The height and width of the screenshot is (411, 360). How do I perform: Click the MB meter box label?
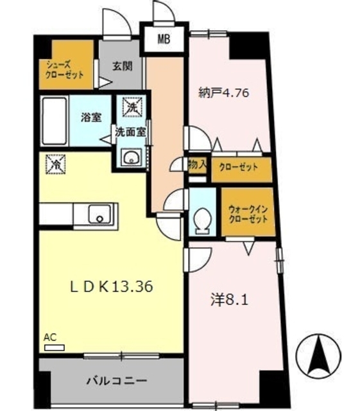coord(164,40)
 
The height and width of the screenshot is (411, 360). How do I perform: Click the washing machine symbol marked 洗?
coord(132,107)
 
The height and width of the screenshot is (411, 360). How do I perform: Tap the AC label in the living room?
coord(50,337)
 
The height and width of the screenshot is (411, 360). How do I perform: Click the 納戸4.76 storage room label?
coord(223,92)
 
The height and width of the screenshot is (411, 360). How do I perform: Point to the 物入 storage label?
coord(196,164)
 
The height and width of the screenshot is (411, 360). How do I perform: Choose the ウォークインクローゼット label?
coord(246,213)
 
